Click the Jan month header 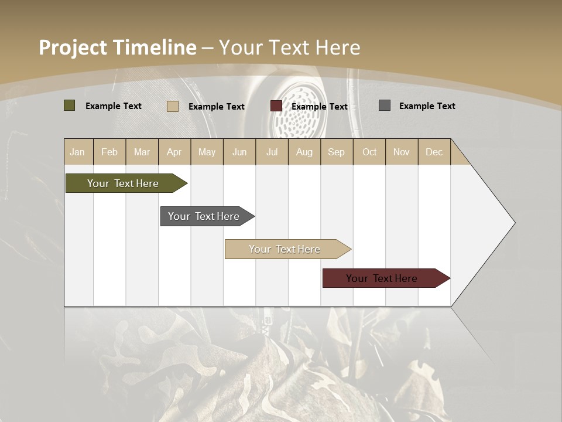(77, 152)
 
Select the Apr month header (174, 152)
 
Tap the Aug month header (304, 152)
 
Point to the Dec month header (434, 152)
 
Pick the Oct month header (369, 152)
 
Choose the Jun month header (239, 152)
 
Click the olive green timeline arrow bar (123, 183)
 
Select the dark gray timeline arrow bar (204, 216)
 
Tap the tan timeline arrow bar (285, 249)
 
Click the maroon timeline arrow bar (382, 278)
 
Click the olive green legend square (69, 105)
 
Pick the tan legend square (172, 106)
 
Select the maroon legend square (276, 106)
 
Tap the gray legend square (384, 105)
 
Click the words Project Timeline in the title (117, 47)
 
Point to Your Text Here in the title (289, 47)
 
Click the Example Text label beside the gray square (427, 106)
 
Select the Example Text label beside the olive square (114, 106)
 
